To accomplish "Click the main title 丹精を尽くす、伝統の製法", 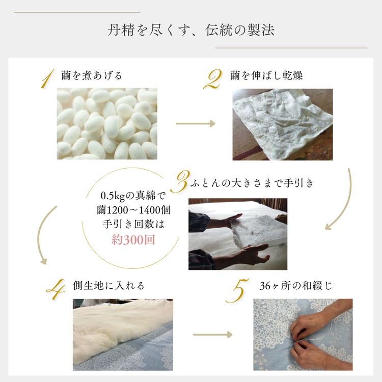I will pos(191,30).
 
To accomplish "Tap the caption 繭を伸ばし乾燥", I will pos(266,76).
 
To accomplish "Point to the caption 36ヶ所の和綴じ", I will pos(295,286).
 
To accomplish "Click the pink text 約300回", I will pos(133,240).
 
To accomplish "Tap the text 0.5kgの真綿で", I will pos(133,196).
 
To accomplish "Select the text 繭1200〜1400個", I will pos(133,210).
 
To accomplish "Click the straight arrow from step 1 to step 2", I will pos(195,123).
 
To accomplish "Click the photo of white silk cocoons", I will pos(107,123).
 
